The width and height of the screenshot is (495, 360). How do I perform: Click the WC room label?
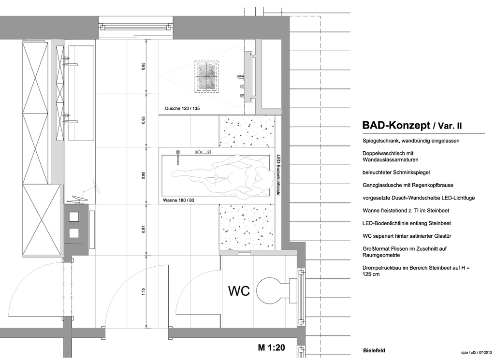(x=239, y=291)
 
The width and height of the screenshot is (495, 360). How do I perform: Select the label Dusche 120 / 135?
(x=182, y=109)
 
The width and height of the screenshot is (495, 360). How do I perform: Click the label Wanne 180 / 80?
(x=178, y=201)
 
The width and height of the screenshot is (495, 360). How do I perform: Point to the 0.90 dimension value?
(x=144, y=175)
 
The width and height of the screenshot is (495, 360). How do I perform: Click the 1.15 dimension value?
(x=144, y=291)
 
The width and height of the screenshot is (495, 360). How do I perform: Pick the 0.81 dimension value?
(x=144, y=230)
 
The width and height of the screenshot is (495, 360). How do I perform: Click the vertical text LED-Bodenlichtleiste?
(x=278, y=175)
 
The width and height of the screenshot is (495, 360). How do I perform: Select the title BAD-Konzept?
(x=396, y=125)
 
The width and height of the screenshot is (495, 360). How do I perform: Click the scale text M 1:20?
(x=271, y=348)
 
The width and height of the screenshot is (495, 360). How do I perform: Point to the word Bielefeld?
(x=374, y=350)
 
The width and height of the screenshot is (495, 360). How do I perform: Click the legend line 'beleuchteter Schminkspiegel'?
(x=396, y=173)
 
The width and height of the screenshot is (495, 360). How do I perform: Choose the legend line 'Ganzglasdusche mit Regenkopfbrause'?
(x=408, y=185)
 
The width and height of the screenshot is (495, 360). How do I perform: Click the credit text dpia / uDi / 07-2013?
(x=476, y=352)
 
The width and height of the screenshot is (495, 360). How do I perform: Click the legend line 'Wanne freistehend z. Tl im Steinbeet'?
(x=406, y=211)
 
